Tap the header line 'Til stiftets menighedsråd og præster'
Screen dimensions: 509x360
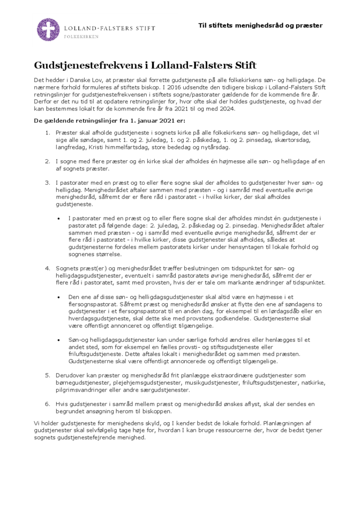coord(260,25)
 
